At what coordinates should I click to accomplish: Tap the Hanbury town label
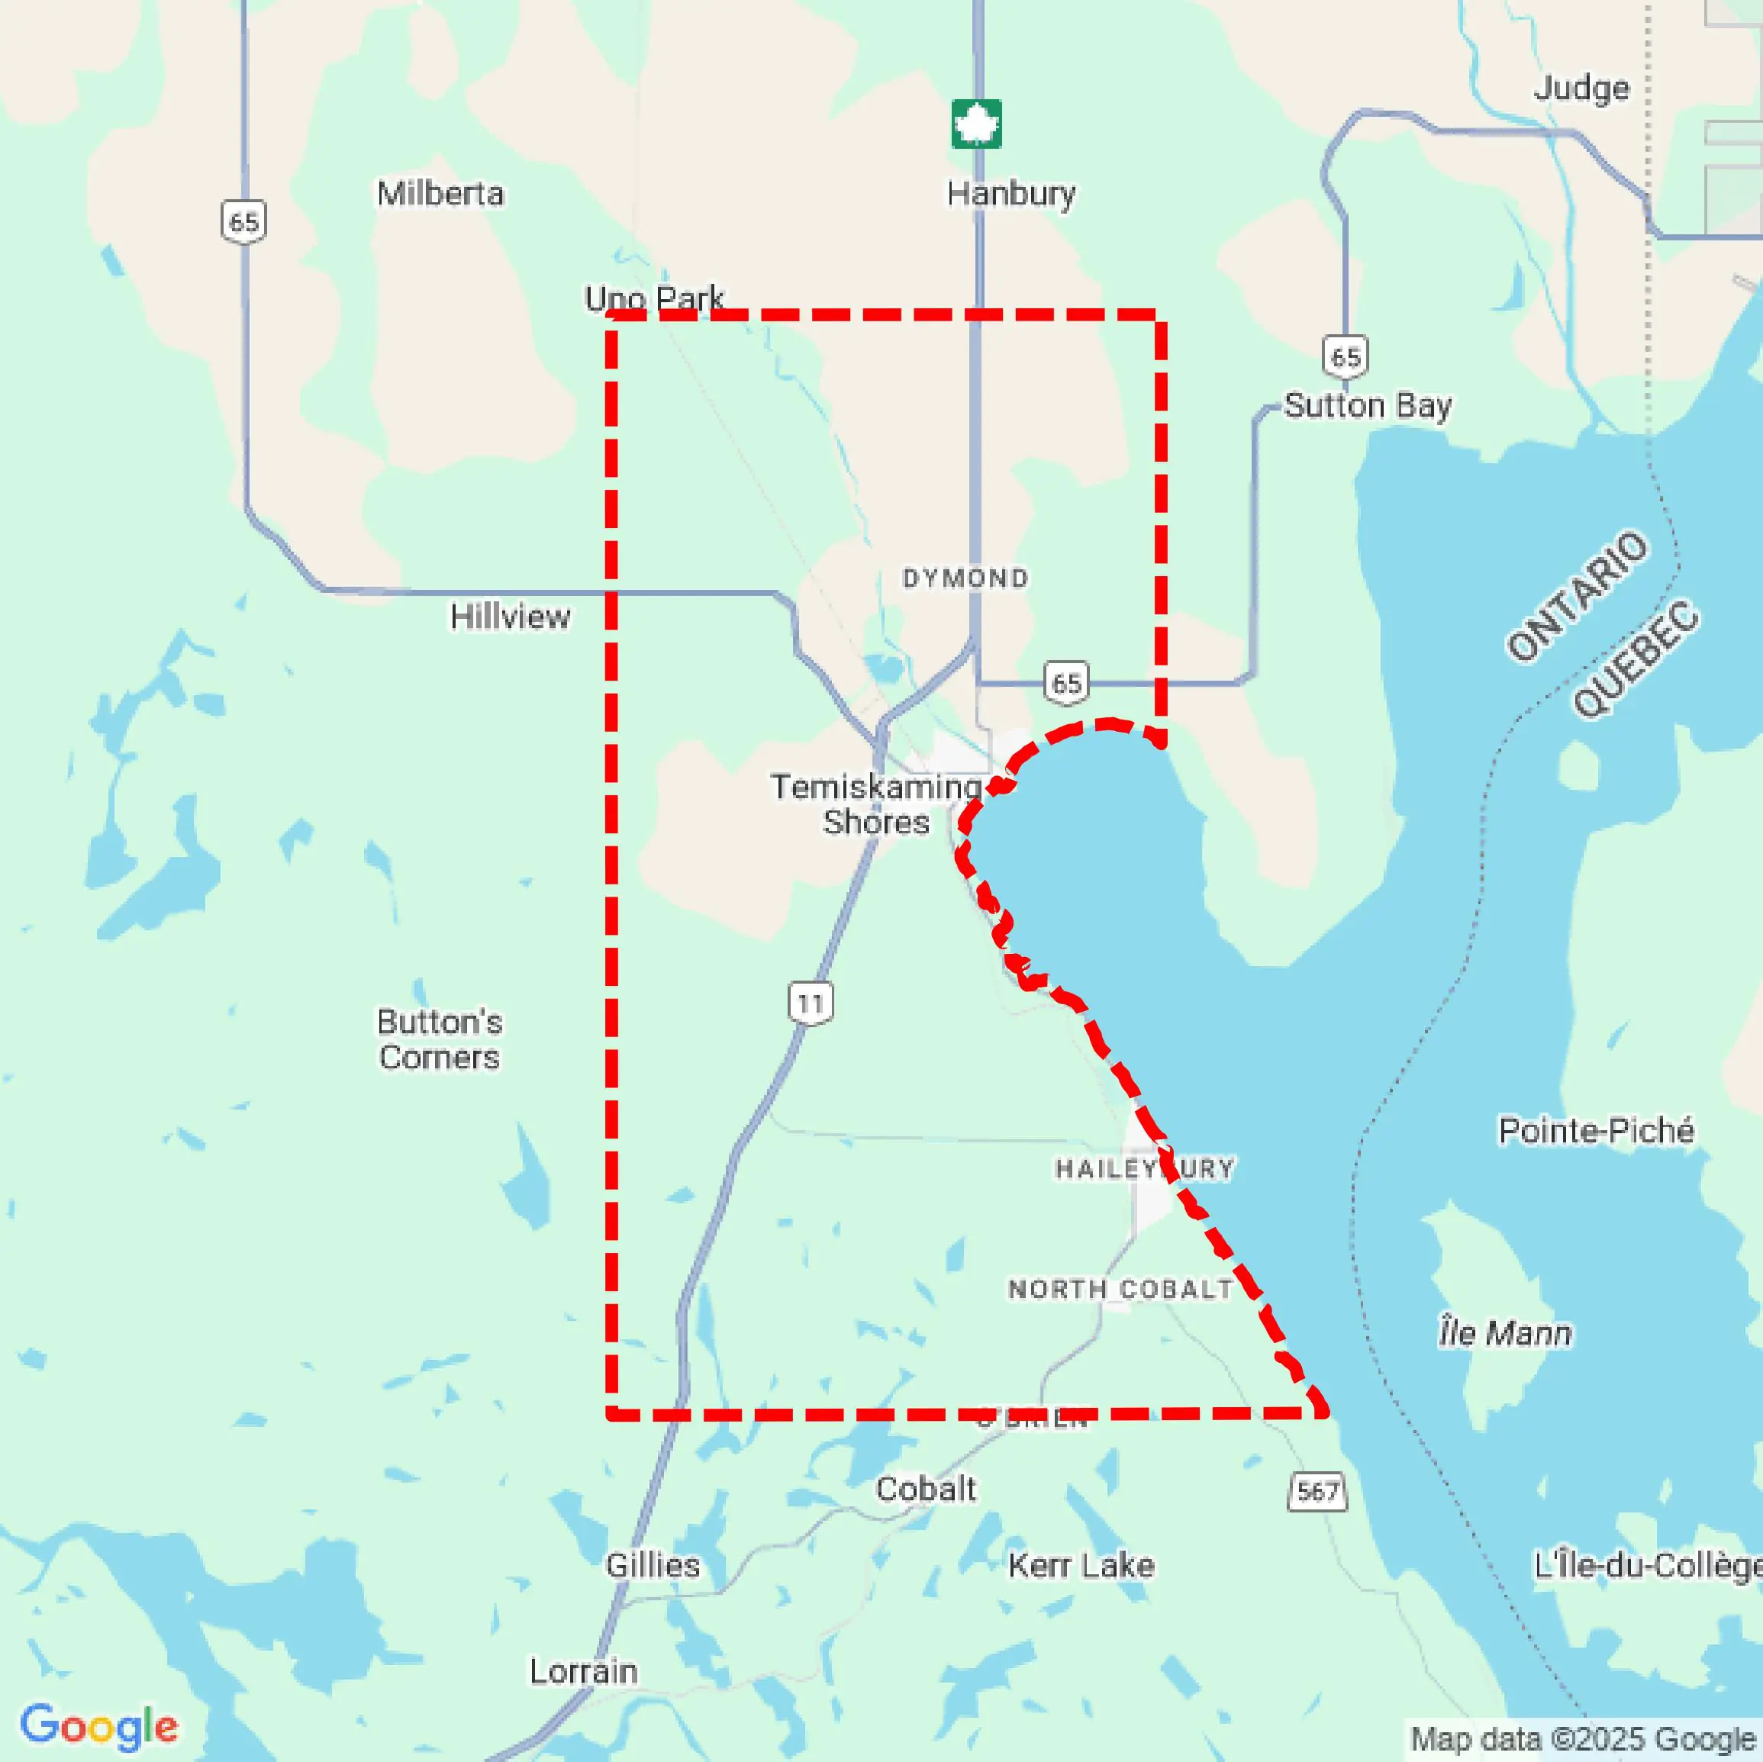[1010, 193]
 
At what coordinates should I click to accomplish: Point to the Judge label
[1581, 89]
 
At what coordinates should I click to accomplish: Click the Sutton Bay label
[1367, 405]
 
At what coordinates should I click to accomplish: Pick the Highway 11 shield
[811, 1003]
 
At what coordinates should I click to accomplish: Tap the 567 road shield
[1317, 1491]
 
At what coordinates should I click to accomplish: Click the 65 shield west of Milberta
[243, 222]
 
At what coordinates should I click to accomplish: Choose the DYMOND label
[965, 578]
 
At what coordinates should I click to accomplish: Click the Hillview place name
[510, 617]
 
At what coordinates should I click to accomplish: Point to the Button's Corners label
[440, 1039]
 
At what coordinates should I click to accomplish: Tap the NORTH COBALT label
[1120, 1290]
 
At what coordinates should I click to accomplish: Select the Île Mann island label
[1506, 1333]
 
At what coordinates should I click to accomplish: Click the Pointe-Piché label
[1596, 1131]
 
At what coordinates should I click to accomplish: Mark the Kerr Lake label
[1081, 1566]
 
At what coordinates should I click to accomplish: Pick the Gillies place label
[653, 1565]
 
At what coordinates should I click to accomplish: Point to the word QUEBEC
[1636, 659]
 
